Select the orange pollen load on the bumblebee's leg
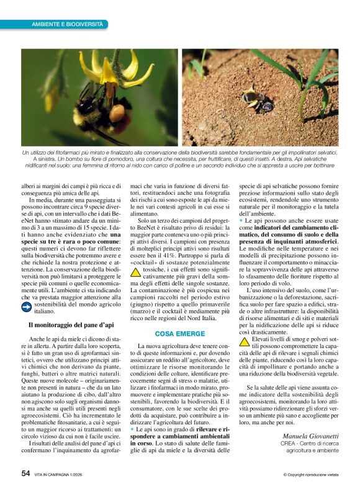pos(117,114)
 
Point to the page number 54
pos(26,473)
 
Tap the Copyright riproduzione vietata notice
pos(310,474)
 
